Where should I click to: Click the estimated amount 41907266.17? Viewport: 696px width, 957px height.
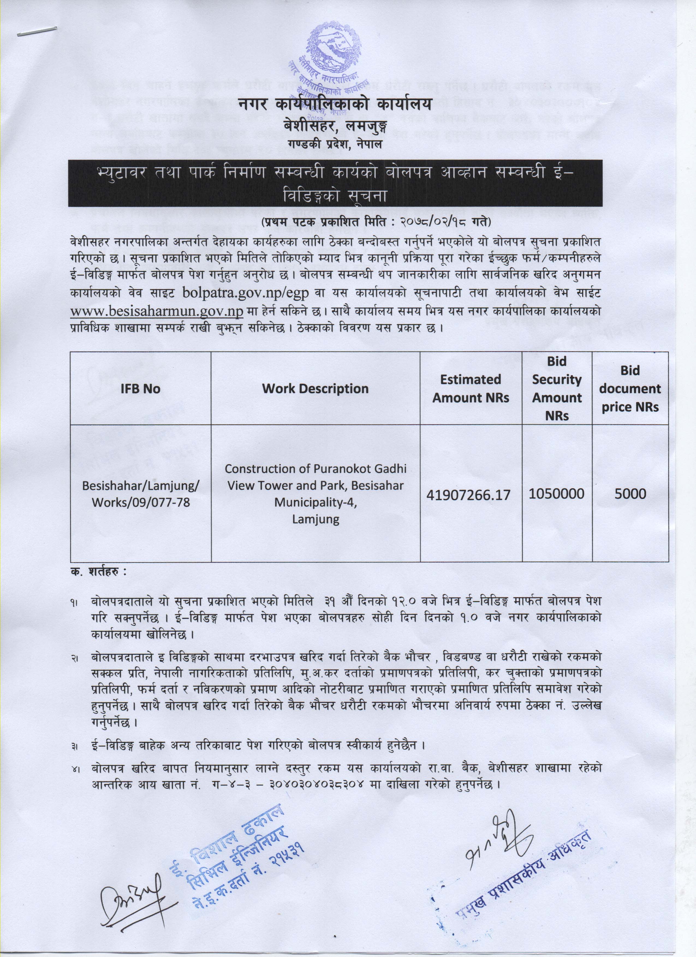(x=471, y=495)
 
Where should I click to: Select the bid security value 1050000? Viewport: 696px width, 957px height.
(x=557, y=494)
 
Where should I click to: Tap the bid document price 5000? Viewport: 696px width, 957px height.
(x=630, y=494)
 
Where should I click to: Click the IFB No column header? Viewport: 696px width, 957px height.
(x=140, y=389)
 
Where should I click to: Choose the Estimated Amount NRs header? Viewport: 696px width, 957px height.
(x=471, y=389)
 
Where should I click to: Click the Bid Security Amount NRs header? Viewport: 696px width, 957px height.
(x=557, y=389)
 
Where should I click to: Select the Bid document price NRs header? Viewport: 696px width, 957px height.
(x=630, y=389)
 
